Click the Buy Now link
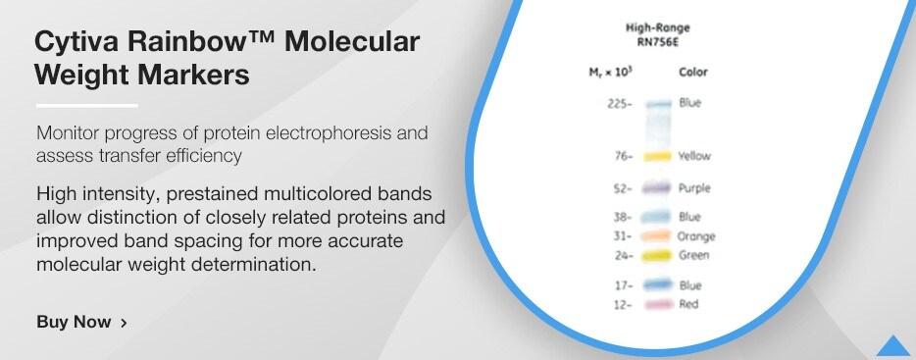click(x=74, y=322)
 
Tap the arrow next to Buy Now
click(x=123, y=322)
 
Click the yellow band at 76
click(x=657, y=156)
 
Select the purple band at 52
click(x=657, y=187)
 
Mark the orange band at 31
click(x=657, y=236)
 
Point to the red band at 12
click(x=657, y=305)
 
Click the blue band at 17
click(x=657, y=284)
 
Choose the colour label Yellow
click(x=694, y=156)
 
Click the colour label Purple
click(x=694, y=187)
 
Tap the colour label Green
click(x=693, y=255)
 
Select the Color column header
click(x=692, y=72)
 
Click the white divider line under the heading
click(x=86, y=105)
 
